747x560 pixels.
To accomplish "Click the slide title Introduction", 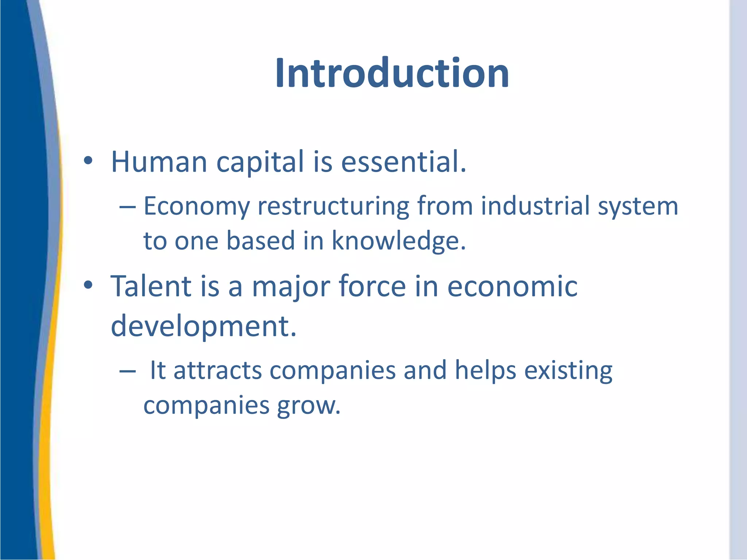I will pos(392,73).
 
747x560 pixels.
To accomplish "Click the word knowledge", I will pos(399,241).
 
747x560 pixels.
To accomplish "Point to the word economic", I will pos(512,287).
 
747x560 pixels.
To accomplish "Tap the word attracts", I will pos(217,370).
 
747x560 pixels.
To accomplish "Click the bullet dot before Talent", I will pos(88,285).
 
